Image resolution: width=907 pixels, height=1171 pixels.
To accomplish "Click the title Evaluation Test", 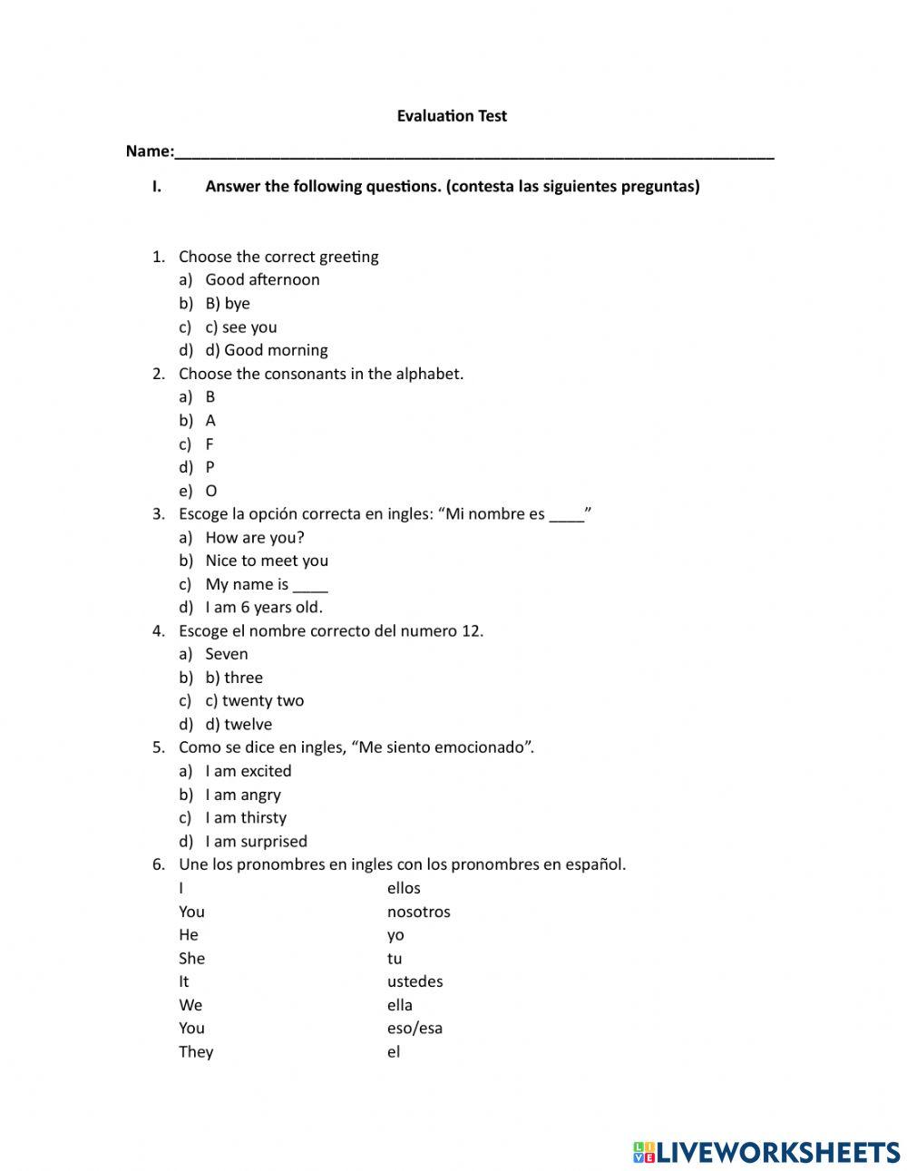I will [x=452, y=116].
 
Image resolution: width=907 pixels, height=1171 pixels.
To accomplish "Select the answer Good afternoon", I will [x=262, y=279].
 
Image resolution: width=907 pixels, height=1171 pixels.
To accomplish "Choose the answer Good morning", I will [x=267, y=350].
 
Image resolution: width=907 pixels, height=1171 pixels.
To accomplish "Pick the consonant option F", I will [x=210, y=444].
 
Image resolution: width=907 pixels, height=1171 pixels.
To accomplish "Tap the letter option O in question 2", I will [x=211, y=491].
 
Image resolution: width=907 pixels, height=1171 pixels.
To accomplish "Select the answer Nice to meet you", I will [x=267, y=561].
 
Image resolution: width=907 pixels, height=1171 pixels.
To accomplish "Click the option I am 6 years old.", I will [x=264, y=608].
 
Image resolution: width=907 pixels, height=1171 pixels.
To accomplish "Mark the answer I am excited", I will [x=249, y=771].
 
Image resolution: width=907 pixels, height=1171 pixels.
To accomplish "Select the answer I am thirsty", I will [x=246, y=817].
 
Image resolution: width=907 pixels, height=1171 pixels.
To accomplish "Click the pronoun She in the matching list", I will [x=192, y=958].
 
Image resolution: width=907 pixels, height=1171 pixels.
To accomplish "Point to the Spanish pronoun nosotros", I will [x=418, y=912].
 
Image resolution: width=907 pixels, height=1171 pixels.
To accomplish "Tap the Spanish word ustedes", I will [x=414, y=981].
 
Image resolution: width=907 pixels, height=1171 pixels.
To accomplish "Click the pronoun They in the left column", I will [x=196, y=1051].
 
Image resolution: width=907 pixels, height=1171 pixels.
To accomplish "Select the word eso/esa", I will [x=414, y=1028].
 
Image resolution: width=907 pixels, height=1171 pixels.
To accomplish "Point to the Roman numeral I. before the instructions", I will [x=157, y=187].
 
